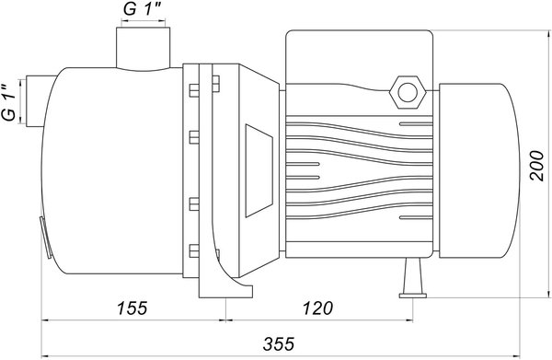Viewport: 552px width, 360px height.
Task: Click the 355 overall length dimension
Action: click(x=278, y=344)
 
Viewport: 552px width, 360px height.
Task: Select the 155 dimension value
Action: click(x=132, y=308)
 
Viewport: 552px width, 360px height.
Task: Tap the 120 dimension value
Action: click(x=317, y=308)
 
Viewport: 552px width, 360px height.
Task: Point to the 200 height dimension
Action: click(x=537, y=166)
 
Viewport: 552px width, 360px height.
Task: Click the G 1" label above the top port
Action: click(x=143, y=9)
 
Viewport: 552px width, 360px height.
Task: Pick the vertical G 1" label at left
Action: click(x=9, y=103)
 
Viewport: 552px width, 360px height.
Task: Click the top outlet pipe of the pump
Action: click(x=143, y=49)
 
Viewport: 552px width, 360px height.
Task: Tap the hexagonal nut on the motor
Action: click(x=408, y=92)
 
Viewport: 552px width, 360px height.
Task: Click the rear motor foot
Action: click(x=412, y=278)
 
